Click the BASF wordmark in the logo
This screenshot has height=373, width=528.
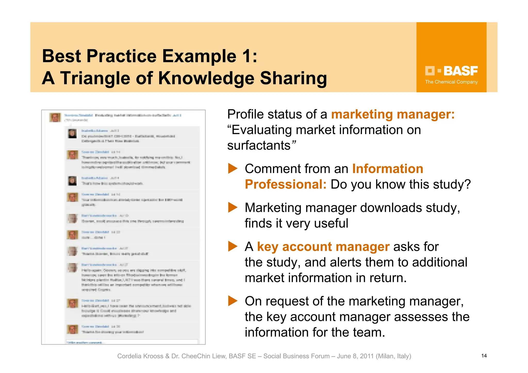pyautogui.click(x=460, y=71)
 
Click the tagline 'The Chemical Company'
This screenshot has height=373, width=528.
pyautogui.click(x=451, y=82)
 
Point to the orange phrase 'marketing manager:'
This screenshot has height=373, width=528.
pyautogui.click(x=393, y=114)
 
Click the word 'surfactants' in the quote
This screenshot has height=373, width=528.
pyautogui.click(x=259, y=145)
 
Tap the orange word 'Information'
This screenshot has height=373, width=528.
pyautogui.click(x=387, y=169)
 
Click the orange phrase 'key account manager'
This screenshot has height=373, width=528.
pyautogui.click(x=323, y=247)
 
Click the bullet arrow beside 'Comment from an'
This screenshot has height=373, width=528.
pyautogui.click(x=233, y=169)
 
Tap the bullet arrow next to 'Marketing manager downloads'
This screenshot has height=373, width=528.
pyautogui.click(x=233, y=208)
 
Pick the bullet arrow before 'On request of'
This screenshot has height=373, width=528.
pyautogui.click(x=233, y=301)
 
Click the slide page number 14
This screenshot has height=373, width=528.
pyautogui.click(x=484, y=356)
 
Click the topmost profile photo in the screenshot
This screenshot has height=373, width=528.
pyautogui.click(x=55, y=117)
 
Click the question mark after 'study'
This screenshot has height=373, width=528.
pyautogui.click(x=467, y=184)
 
